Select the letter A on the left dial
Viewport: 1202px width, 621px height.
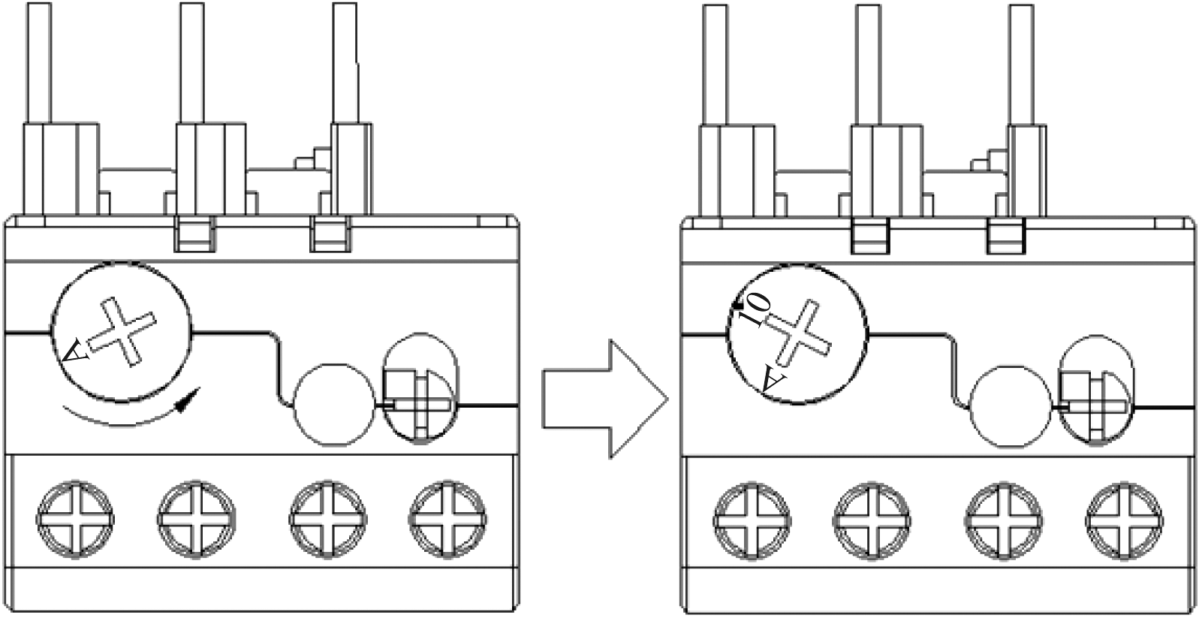[x=74, y=351]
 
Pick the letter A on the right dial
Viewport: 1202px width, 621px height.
[x=774, y=378]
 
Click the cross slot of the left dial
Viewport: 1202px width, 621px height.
[x=122, y=332]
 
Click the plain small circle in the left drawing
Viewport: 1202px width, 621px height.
[x=335, y=405]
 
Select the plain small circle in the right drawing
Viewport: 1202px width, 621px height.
[x=1011, y=406]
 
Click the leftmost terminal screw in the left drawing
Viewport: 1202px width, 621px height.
[x=75, y=519]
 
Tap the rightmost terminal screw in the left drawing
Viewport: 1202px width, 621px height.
[x=447, y=519]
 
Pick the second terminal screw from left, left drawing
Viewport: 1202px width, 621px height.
[x=196, y=519]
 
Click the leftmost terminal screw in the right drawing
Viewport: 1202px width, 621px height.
[x=752, y=520]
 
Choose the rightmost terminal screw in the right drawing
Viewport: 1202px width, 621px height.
[x=1124, y=520]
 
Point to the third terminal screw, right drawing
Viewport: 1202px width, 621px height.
[x=1004, y=520]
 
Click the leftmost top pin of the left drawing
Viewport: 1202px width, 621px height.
[x=39, y=63]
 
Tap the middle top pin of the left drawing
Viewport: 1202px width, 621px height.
[x=191, y=63]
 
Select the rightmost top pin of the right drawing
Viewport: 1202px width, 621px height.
[x=1021, y=65]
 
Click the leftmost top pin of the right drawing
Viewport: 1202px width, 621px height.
[x=715, y=65]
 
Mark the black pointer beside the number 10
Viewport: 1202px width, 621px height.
[x=738, y=306]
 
